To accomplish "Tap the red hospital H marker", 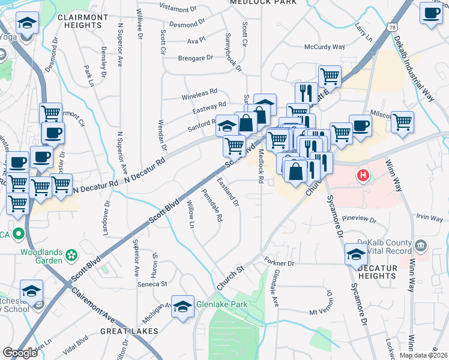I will pyautogui.click(x=363, y=176).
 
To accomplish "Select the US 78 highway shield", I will pyautogui.click(x=392, y=28).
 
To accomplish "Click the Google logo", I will pyautogui.click(x=20, y=352).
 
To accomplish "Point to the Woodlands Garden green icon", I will pyautogui.click(x=71, y=255).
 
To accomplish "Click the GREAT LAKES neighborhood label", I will pyautogui.click(x=129, y=331).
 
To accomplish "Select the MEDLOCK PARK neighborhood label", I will pyautogui.click(x=264, y=3).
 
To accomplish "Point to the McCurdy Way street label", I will pyautogui.click(x=324, y=46).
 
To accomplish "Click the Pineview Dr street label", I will pyautogui.click(x=357, y=219).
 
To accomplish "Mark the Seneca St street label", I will pyautogui.click(x=152, y=283).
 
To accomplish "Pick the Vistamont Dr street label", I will pyautogui.click(x=188, y=9).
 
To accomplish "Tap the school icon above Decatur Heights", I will pyautogui.click(x=355, y=254).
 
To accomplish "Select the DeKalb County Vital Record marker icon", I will pyautogui.click(x=420, y=245).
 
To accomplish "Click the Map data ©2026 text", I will pyautogui.click(x=423, y=355).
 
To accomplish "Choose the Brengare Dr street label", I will pyautogui.click(x=196, y=58).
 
